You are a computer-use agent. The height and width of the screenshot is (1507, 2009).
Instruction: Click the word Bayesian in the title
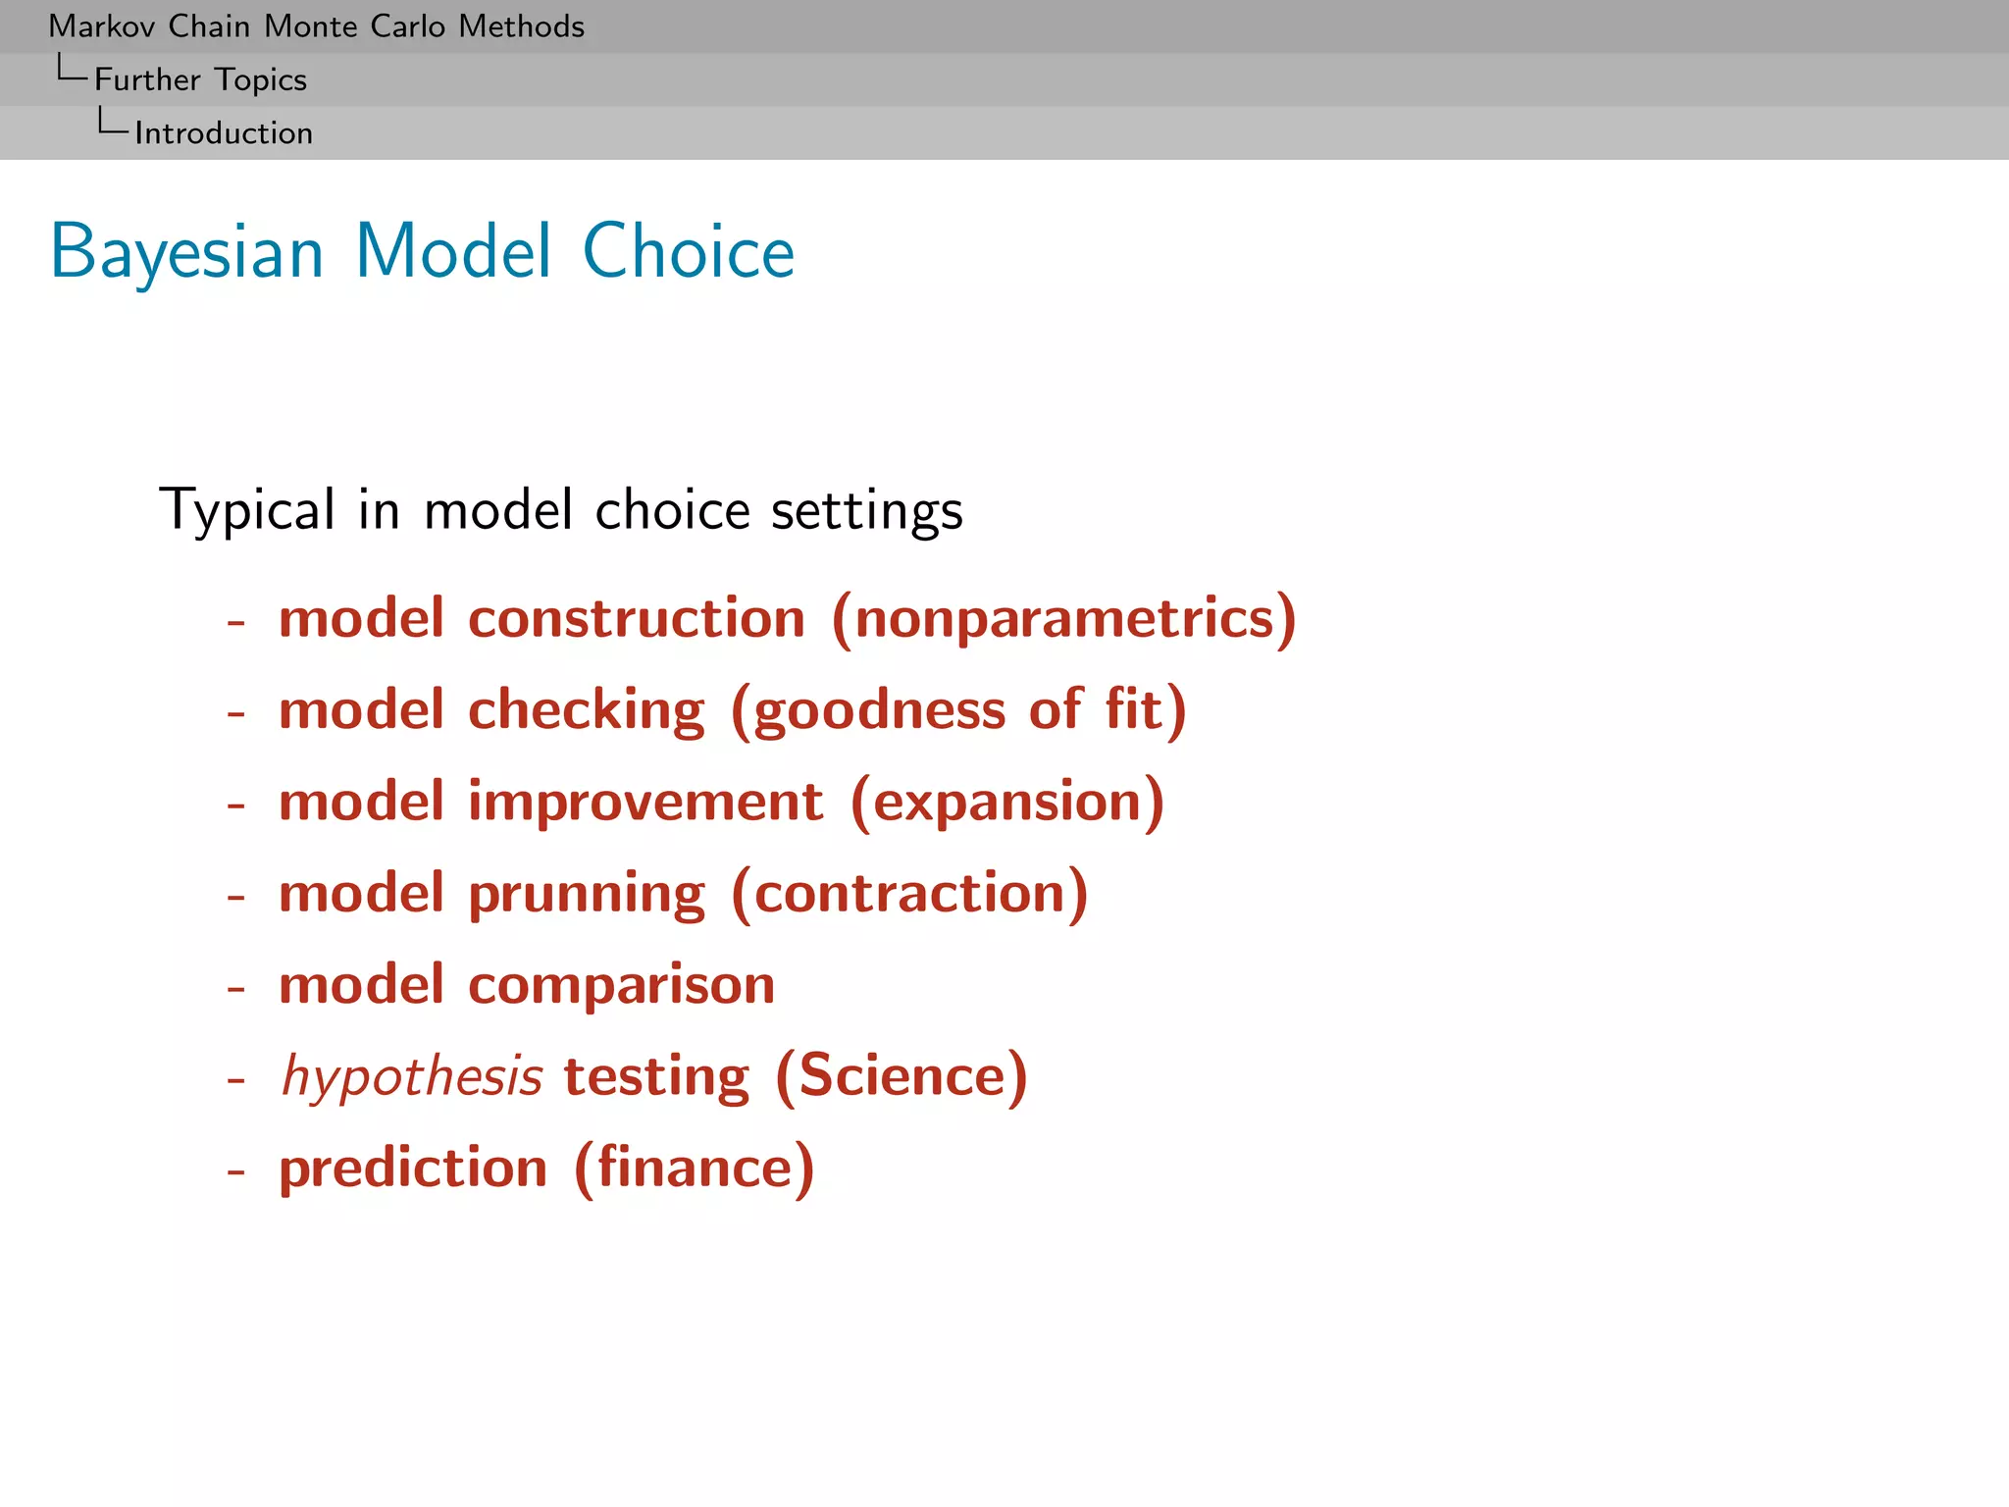(x=186, y=252)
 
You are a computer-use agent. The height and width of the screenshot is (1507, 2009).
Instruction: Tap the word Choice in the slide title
(x=688, y=252)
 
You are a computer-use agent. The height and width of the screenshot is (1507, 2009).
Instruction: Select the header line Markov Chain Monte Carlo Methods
(x=316, y=26)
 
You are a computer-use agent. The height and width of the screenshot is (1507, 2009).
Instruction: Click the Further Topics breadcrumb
(x=200, y=79)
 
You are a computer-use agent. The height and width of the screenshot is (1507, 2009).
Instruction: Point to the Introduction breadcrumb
(x=224, y=133)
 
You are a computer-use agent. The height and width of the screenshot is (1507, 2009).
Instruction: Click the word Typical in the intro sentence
(x=247, y=510)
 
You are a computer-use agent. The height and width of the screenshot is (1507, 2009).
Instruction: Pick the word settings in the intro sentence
(x=867, y=510)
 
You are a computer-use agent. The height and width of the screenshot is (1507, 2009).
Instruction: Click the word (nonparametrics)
(x=1063, y=618)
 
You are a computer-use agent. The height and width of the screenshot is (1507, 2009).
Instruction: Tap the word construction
(x=637, y=618)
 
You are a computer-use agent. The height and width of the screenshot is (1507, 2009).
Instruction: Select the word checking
(x=586, y=709)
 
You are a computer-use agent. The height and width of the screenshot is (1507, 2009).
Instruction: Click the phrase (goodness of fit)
(x=958, y=709)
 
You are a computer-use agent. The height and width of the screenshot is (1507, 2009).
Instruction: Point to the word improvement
(x=645, y=801)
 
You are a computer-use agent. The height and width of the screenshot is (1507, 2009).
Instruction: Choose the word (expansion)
(x=1007, y=801)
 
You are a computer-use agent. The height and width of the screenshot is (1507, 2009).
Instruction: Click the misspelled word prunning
(x=586, y=893)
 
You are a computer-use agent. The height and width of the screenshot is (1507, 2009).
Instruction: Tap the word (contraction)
(x=909, y=893)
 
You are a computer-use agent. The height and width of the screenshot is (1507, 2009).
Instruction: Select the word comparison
(x=621, y=984)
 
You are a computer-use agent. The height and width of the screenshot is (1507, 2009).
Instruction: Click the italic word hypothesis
(x=412, y=1076)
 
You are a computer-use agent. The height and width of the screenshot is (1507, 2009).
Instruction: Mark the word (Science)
(x=901, y=1076)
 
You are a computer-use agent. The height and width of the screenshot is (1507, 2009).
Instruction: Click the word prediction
(x=413, y=1168)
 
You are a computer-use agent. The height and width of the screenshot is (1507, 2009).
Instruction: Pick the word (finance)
(x=694, y=1168)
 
